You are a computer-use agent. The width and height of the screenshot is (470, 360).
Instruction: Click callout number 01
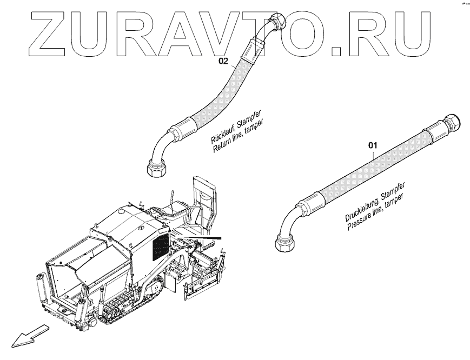373,145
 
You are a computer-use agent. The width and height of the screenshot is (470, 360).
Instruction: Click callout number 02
224,61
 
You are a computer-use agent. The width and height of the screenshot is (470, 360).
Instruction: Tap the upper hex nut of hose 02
280,22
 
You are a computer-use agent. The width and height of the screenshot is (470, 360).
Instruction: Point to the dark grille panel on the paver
161,246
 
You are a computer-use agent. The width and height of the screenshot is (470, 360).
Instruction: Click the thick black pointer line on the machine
203,238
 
